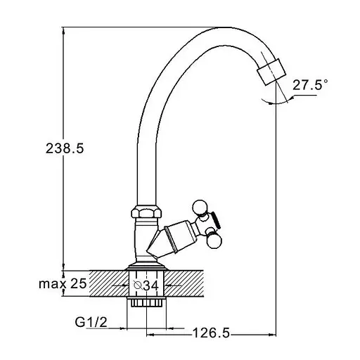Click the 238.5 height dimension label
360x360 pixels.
(65, 148)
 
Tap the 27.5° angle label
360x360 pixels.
(310, 84)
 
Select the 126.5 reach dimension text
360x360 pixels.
(211, 333)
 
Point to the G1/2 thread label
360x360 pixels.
(91, 322)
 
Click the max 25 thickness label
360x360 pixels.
(63, 283)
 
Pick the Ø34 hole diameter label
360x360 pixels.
(146, 285)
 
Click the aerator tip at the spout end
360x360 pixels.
(271, 72)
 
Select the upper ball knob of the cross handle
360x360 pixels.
(200, 207)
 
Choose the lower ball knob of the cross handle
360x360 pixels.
(214, 241)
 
